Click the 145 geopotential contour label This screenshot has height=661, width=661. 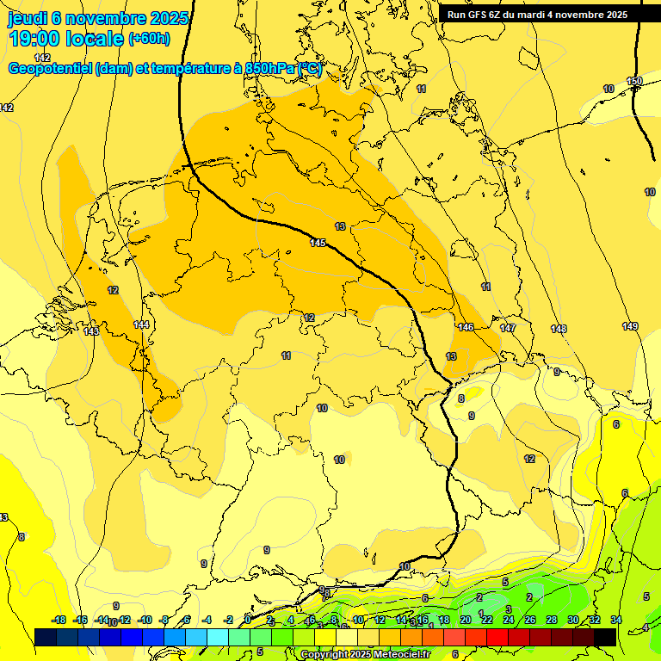click(x=318, y=244)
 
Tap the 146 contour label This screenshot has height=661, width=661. click(x=466, y=327)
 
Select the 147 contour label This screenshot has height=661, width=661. click(x=508, y=329)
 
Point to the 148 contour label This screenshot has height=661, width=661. click(x=559, y=329)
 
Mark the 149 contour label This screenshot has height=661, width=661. click(x=630, y=326)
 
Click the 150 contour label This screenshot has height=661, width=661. click(x=634, y=82)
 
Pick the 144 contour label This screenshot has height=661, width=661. click(x=141, y=324)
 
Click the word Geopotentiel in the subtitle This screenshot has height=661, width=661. click(x=51, y=69)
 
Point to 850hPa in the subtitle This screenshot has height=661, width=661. click(x=269, y=69)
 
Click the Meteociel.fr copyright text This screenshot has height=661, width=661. click(x=397, y=655)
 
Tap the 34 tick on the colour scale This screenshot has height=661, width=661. click(x=615, y=620)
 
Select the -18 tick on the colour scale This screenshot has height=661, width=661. click(x=59, y=620)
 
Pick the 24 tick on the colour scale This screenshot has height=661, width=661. click(x=508, y=620)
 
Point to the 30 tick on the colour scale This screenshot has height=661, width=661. click(x=572, y=620)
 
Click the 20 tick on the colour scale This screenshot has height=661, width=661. click(x=465, y=620)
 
